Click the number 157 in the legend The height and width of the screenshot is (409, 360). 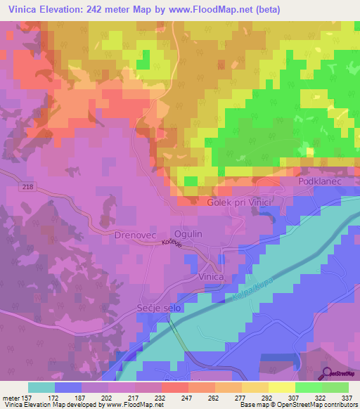coord(26,397)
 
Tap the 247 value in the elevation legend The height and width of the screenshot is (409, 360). coord(186,397)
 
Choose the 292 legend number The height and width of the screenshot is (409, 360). coord(266,397)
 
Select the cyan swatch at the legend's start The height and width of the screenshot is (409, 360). coord(41,387)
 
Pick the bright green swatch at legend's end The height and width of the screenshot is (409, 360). coord(335,387)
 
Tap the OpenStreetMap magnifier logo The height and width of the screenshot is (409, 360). coord(327,373)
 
